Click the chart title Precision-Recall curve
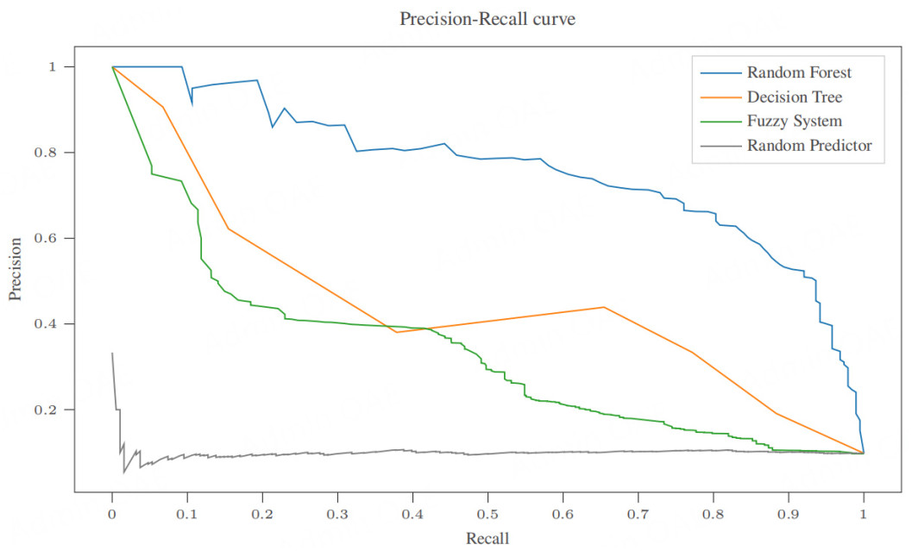tap(487, 18)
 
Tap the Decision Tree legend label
tap(794, 97)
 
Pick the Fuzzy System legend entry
tap(794, 122)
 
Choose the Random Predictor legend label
tap(809, 146)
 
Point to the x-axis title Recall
tap(487, 540)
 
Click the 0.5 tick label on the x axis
tap(487, 514)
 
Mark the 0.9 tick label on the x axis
tap(788, 514)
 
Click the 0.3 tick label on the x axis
tap(337, 514)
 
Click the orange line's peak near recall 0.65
tap(602, 307)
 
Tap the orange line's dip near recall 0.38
tap(396, 332)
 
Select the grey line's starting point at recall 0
tap(112, 353)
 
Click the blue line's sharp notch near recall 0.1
tap(192, 103)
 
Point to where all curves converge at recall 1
tap(863, 453)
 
